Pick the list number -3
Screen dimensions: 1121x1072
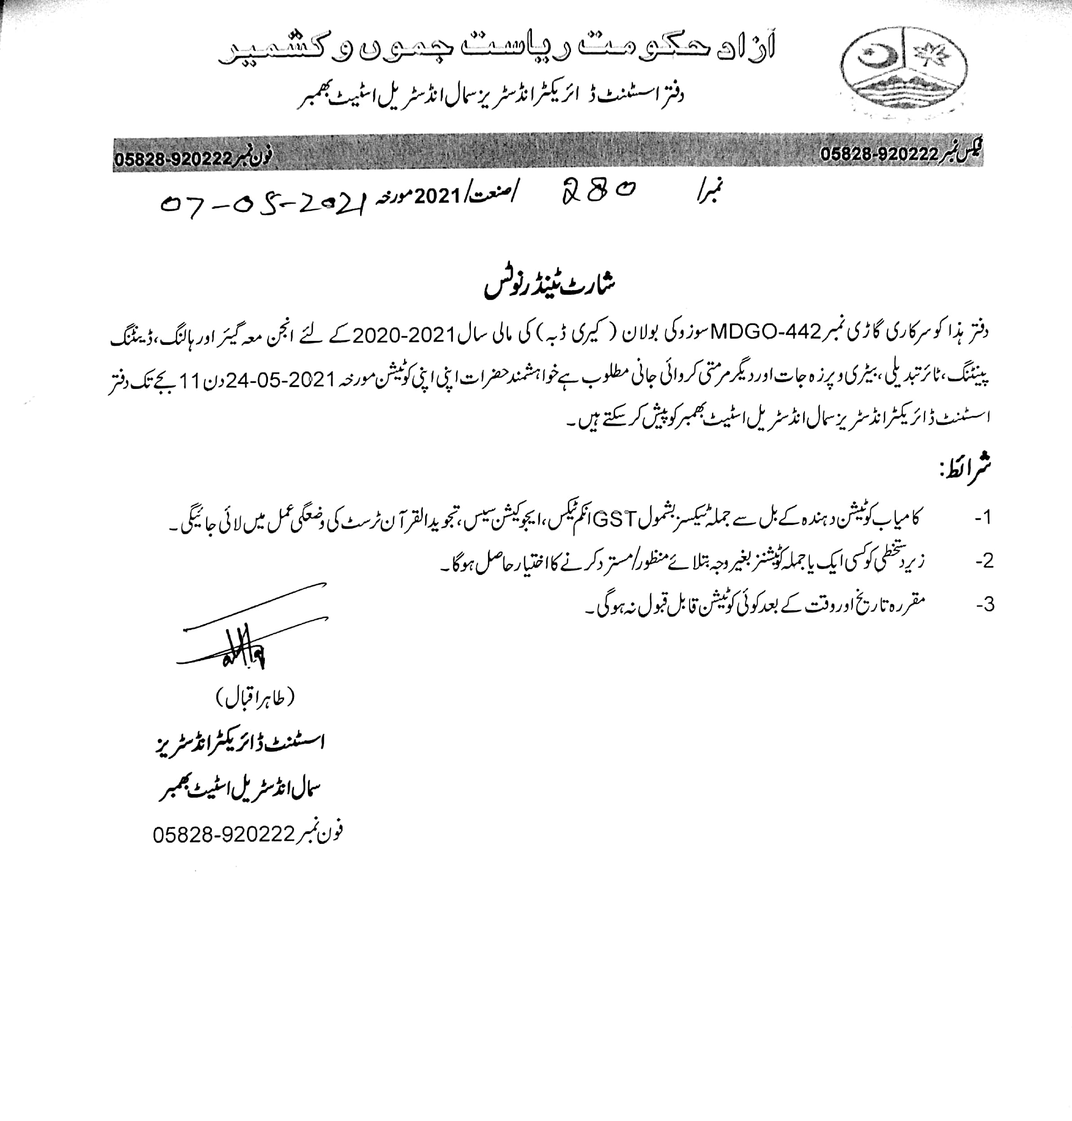[984, 604]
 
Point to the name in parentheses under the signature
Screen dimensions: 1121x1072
[255, 697]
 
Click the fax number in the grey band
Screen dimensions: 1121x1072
[879, 154]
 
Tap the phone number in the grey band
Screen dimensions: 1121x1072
[173, 159]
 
